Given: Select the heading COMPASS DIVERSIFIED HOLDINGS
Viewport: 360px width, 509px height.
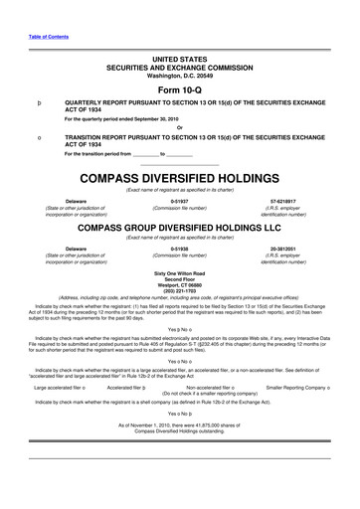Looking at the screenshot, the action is pyautogui.click(x=180, y=179).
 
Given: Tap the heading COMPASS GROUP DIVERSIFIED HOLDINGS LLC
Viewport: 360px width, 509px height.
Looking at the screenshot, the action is pyautogui.click(x=180, y=227).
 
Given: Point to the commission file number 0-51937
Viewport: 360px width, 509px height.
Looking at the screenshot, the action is pyautogui.click(x=180, y=200).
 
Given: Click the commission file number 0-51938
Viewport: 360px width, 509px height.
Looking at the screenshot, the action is pyautogui.click(x=180, y=248).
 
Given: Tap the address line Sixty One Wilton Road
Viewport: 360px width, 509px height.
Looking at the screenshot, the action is pyautogui.click(x=180, y=271).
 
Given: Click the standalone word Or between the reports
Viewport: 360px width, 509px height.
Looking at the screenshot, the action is pyautogui.click(x=180, y=125).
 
